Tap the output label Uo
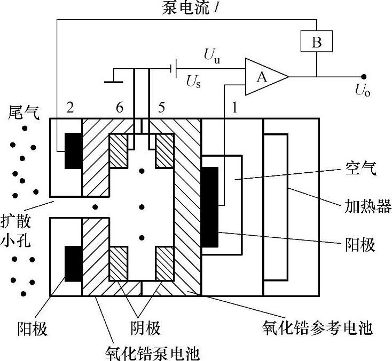363,91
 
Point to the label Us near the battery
193,82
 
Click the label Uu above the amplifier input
211,54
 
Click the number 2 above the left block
69,108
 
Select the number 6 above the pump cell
119,108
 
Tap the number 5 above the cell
161,108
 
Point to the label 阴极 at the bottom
145,327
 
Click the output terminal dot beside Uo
364,77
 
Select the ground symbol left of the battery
113,82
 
